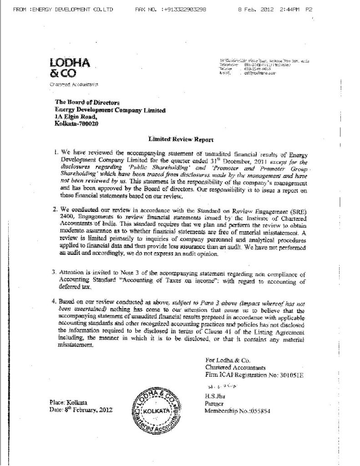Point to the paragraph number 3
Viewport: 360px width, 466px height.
point(54,272)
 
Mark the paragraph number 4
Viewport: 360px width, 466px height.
point(54,301)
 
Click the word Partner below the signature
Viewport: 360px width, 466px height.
point(215,403)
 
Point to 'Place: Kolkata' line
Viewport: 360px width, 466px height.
point(68,402)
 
